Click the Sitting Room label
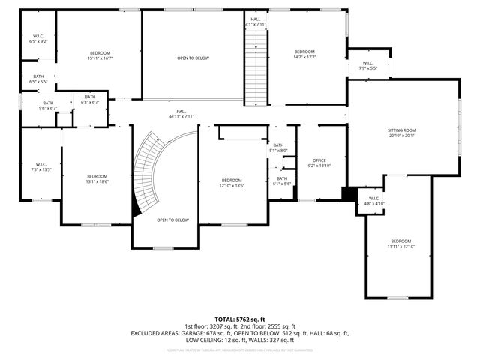pyautogui.click(x=401, y=133)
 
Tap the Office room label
pyautogui.click(x=319, y=163)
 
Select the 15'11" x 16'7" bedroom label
pyautogui.click(x=100, y=55)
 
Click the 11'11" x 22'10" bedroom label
pyautogui.click(x=400, y=243)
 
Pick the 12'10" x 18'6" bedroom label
pyautogui.click(x=232, y=182)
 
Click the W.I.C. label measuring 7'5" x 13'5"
pyautogui.click(x=40, y=167)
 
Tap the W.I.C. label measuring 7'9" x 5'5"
pyautogui.click(x=367, y=66)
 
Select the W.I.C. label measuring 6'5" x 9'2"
pyautogui.click(x=38, y=39)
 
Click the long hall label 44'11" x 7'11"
pyautogui.click(x=181, y=114)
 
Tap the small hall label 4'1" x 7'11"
pyautogui.click(x=256, y=22)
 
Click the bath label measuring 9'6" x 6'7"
pyautogui.click(x=48, y=106)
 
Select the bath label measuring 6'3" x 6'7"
pyautogui.click(x=90, y=100)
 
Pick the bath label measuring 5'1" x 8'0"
pyautogui.click(x=278, y=148)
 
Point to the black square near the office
pyautogui.click(x=348, y=193)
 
